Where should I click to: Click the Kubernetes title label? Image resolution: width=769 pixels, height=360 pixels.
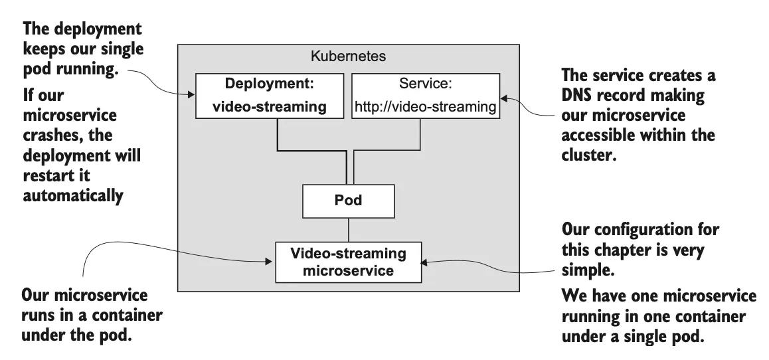click(348, 56)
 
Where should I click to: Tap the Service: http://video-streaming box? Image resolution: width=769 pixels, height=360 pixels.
click(426, 96)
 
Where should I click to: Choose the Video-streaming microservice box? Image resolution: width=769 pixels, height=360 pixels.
click(348, 262)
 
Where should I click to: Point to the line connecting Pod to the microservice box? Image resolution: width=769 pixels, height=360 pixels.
click(348, 230)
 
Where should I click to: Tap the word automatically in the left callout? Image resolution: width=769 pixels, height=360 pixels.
click(73, 198)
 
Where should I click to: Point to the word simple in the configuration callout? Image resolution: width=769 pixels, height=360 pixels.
click(584, 272)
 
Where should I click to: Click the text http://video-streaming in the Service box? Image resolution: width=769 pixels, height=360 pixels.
click(426, 106)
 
